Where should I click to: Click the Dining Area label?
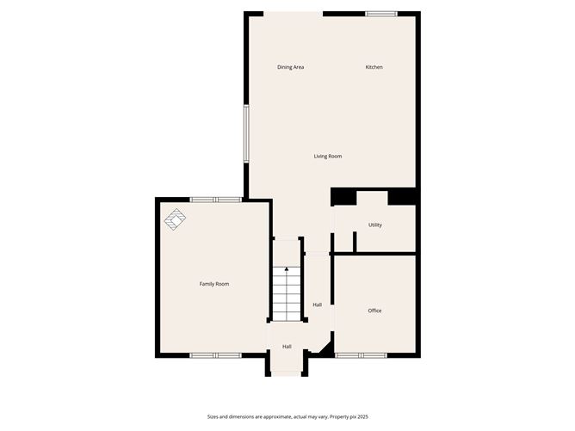290,67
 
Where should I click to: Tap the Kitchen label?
374,67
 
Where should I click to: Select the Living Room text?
328,156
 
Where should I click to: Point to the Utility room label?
375,225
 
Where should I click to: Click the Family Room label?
214,284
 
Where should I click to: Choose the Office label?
374,311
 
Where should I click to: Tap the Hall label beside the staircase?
318,305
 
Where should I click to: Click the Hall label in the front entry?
287,347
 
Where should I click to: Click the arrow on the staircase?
287,271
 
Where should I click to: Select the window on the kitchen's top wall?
380,14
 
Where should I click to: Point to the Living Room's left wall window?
246,133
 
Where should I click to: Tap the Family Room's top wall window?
216,200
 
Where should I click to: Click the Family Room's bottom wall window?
216,354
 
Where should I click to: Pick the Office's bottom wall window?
361,354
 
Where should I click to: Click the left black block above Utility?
344,197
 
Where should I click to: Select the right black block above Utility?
402,197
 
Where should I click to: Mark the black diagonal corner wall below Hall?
325,348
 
